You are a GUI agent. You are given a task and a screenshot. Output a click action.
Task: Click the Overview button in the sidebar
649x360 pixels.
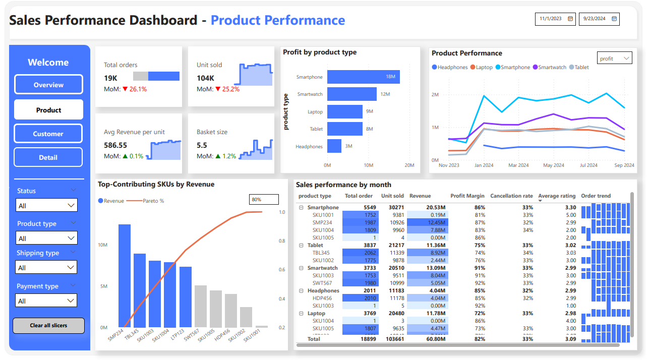(48, 85)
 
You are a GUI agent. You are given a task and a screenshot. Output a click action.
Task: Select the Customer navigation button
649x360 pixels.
(48, 134)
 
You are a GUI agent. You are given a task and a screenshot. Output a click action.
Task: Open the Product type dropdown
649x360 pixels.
(46, 238)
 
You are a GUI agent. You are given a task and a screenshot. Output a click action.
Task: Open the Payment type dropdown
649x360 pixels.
(46, 301)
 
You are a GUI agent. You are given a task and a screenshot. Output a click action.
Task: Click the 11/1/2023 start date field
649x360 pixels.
(556, 19)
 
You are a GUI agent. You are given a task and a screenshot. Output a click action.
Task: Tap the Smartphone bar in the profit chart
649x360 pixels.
(363, 77)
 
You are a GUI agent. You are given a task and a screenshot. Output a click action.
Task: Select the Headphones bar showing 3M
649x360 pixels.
(334, 146)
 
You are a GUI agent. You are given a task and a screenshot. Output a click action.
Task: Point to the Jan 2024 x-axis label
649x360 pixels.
(484, 165)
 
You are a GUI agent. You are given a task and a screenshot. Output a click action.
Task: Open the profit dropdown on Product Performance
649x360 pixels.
(615, 58)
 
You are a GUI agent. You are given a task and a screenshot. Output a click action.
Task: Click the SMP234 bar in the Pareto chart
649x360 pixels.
(125, 276)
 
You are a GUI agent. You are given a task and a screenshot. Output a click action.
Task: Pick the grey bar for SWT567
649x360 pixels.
(201, 306)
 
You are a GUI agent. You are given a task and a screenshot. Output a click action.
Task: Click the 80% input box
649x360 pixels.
(264, 199)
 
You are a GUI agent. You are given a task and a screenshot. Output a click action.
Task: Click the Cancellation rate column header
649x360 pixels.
(511, 196)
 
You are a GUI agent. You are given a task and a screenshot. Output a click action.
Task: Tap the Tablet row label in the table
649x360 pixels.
(315, 245)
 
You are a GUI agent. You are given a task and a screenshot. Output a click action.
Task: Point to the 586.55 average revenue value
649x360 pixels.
(115, 145)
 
